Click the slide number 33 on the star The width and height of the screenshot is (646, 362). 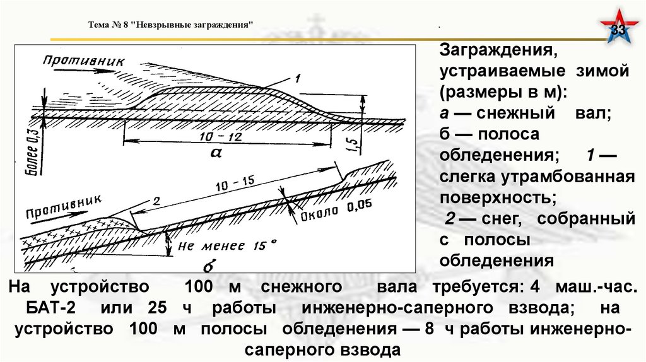[x=620, y=32]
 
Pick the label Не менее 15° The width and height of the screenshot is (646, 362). [x=226, y=245]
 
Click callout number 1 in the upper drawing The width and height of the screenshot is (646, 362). [x=295, y=78]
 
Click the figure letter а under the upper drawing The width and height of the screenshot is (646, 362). [x=220, y=153]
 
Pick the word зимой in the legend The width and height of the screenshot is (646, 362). [x=605, y=71]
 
